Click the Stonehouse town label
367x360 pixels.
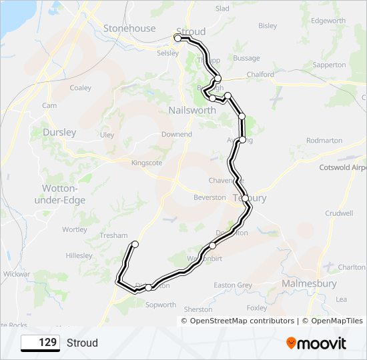point(129,29)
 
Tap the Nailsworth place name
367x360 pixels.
point(191,110)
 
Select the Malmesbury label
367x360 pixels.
point(309,283)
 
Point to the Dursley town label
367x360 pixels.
point(59,132)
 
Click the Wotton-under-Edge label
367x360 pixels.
point(59,193)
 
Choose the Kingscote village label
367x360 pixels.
point(147,163)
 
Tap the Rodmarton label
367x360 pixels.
point(324,141)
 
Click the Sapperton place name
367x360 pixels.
point(330,65)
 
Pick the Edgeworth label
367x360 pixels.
point(328,21)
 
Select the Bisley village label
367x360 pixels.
point(268,26)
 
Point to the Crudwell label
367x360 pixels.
point(339,213)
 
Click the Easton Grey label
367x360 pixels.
point(233,285)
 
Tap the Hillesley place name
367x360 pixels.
point(79,255)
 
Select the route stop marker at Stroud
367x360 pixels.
point(178,39)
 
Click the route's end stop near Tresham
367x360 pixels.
point(135,245)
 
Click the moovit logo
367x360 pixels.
point(316,343)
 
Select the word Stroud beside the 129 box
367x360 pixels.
point(82,343)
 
